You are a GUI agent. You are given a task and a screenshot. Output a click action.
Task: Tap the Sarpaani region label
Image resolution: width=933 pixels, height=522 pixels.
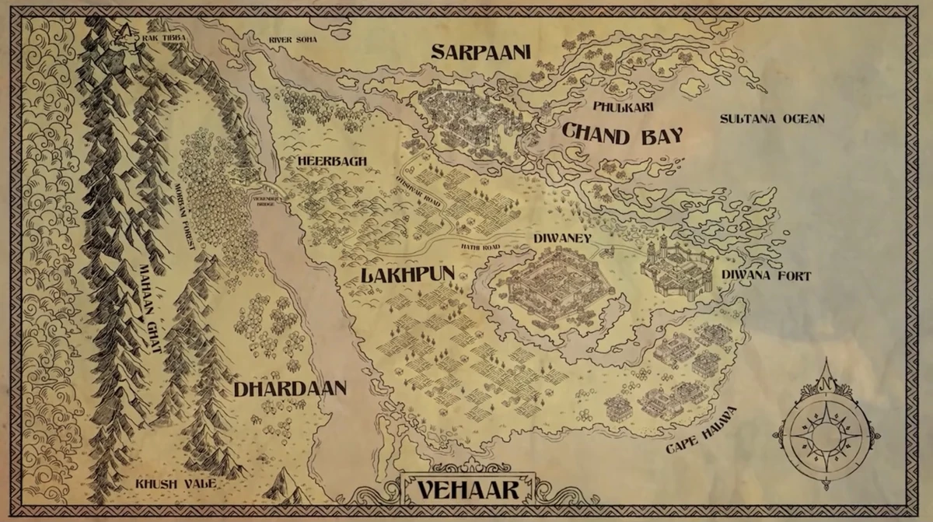pos(480,52)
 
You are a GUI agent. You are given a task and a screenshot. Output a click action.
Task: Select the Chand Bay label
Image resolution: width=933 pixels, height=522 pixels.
pos(622,135)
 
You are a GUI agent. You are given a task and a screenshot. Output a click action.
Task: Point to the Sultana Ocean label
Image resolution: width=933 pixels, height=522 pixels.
pos(771,119)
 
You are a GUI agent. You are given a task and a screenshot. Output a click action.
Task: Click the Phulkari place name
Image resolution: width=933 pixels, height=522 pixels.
pos(622,107)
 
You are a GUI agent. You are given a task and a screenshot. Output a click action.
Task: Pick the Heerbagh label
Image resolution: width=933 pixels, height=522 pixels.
pos(331,161)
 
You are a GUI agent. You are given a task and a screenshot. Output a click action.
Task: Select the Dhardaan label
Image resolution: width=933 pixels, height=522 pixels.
pos(289,389)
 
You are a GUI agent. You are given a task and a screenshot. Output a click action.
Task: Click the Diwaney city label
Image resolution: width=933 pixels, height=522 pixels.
pos(562,238)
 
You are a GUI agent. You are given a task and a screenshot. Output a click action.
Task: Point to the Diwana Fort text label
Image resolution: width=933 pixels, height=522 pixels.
pos(766,275)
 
